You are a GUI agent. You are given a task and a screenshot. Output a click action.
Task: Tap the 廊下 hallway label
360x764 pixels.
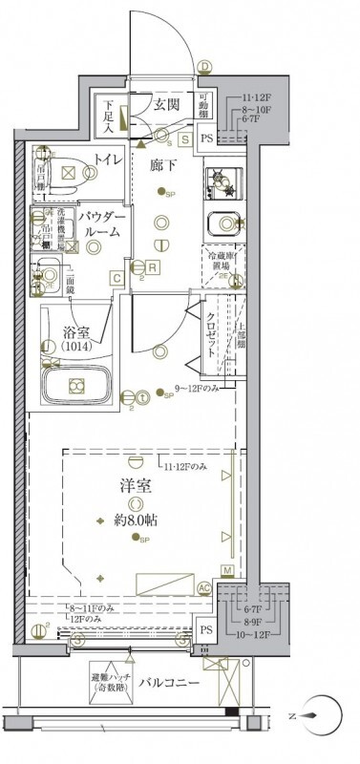[x=163, y=164]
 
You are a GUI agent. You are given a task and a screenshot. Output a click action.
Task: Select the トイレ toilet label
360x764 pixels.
[x=106, y=160]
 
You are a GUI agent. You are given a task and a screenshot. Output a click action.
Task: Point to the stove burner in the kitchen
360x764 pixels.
[x=221, y=180]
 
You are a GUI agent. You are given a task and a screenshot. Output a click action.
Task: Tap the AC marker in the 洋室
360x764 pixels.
[x=202, y=589]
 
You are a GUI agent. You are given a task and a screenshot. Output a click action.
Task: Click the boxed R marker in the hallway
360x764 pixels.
[x=152, y=266]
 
